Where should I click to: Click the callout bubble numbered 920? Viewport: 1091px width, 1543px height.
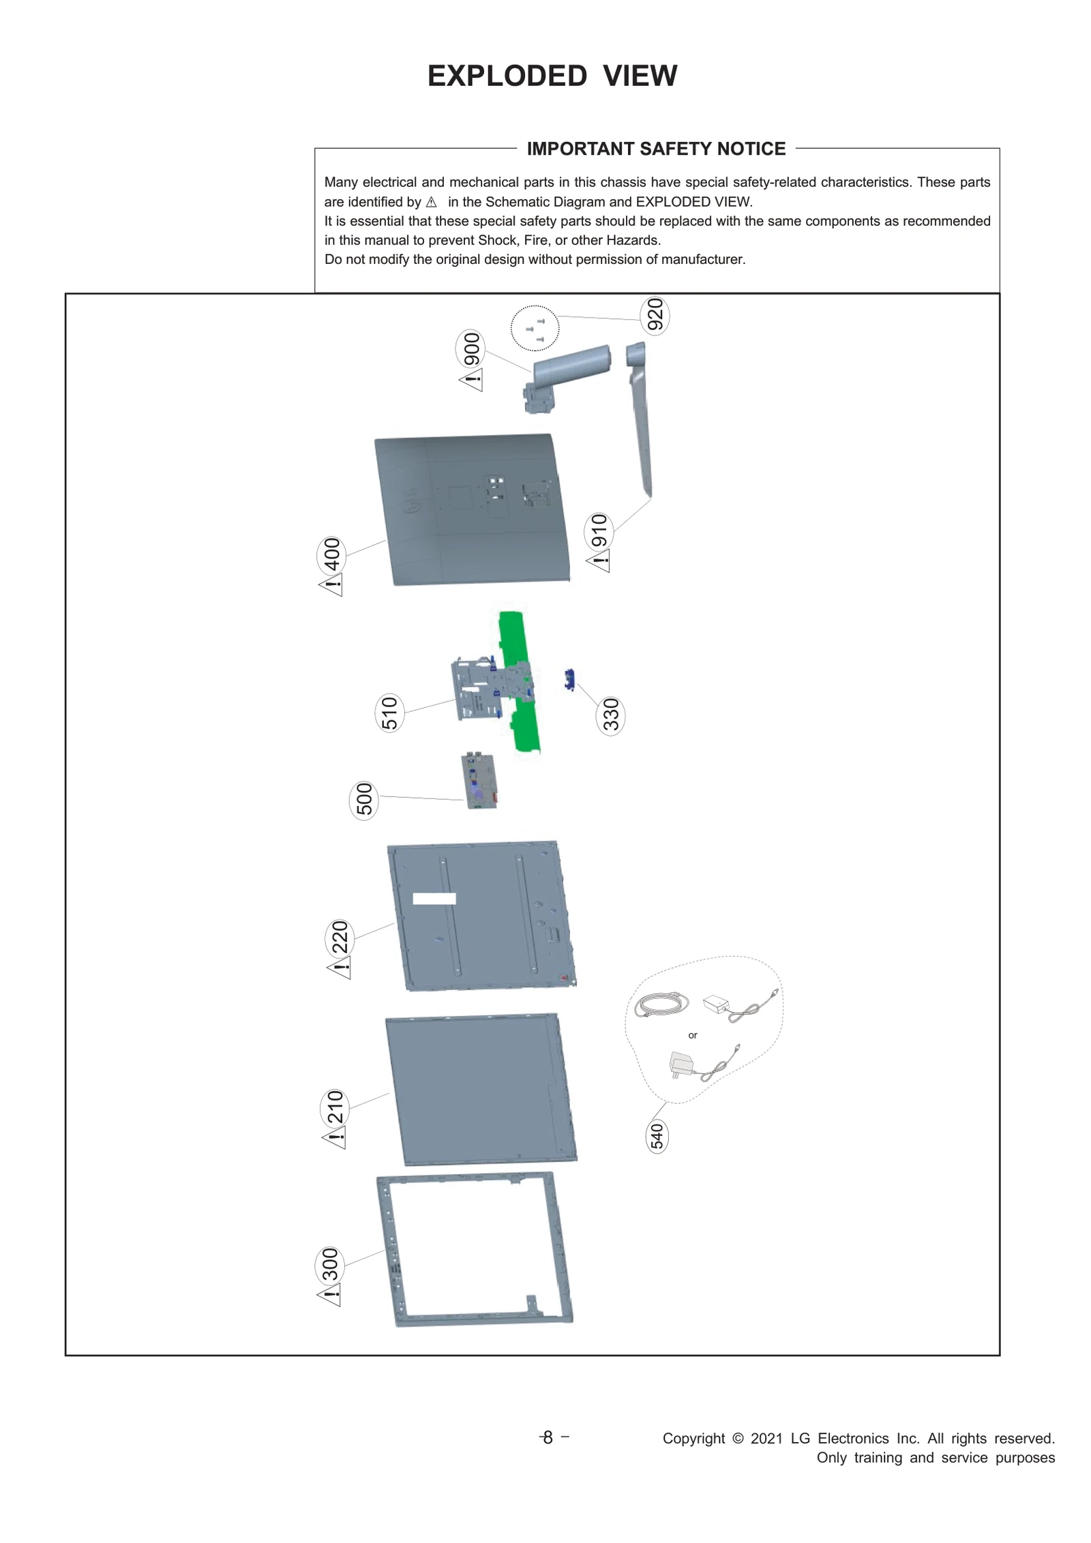pyautogui.click(x=654, y=316)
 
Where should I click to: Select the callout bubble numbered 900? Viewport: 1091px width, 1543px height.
pyautogui.click(x=470, y=349)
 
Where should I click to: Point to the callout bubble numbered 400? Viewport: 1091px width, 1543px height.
pyautogui.click(x=331, y=555)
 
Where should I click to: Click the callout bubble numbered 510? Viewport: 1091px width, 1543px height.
pyautogui.click(x=389, y=713)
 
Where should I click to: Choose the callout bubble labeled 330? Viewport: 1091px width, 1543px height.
pyautogui.click(x=610, y=715)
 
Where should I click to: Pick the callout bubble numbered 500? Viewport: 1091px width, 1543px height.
pyautogui.click(x=364, y=799)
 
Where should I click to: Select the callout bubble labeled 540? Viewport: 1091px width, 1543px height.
pyautogui.click(x=656, y=1137)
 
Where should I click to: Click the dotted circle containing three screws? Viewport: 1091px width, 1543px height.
pyautogui.click(x=535, y=329)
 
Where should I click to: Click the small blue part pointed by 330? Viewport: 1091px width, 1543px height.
pyautogui.click(x=569, y=680)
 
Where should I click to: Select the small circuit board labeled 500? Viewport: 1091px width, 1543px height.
pyautogui.click(x=481, y=781)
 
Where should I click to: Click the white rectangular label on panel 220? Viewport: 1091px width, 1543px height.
pyautogui.click(x=434, y=899)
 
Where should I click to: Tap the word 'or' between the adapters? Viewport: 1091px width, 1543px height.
pyautogui.click(x=692, y=1035)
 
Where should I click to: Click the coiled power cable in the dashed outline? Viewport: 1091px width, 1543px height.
pyautogui.click(x=660, y=1004)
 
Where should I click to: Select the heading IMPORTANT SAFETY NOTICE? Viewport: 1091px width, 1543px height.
pyautogui.click(x=656, y=149)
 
